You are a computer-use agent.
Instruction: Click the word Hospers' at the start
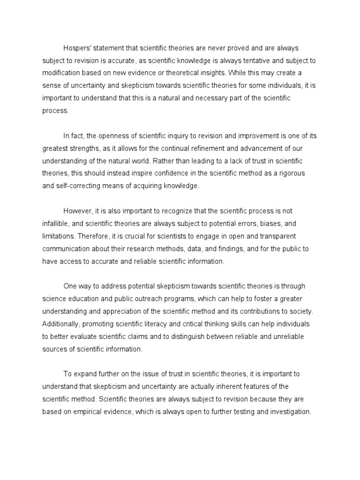coord(78,48)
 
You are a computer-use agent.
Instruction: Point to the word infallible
coord(57,224)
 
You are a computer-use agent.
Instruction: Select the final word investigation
coord(287,412)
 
